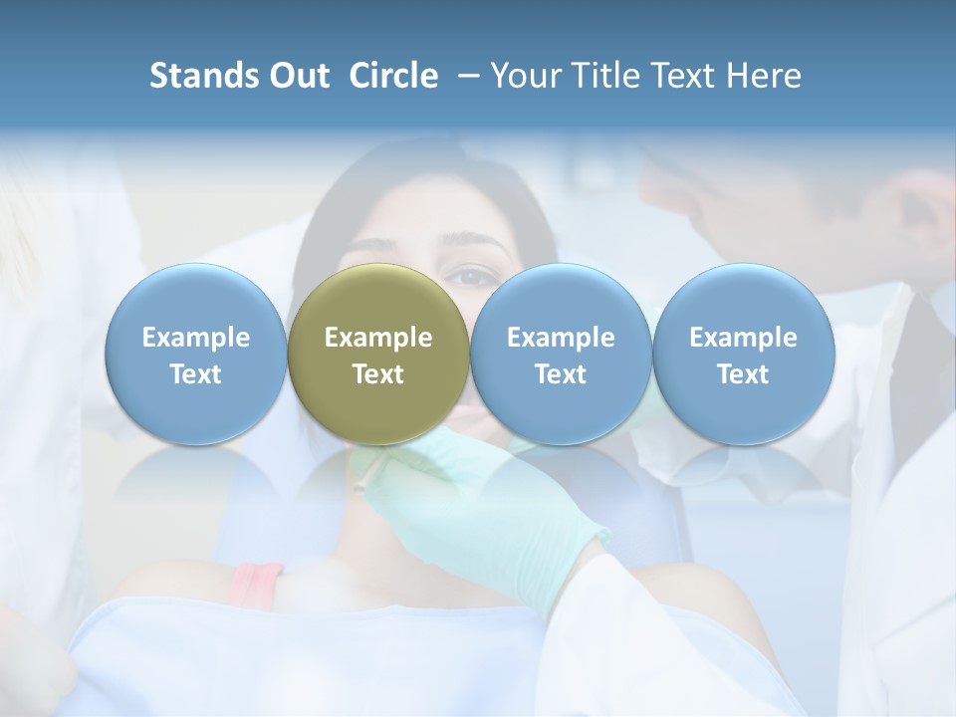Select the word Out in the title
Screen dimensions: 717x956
[297, 76]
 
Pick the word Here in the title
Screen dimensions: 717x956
[764, 76]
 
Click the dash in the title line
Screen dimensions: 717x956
[464, 76]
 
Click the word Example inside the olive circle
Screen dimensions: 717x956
[378, 338]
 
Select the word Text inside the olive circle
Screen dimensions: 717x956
[378, 374]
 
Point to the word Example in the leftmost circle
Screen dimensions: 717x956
[195, 338]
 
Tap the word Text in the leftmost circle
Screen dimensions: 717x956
[195, 374]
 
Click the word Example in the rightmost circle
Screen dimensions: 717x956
[743, 338]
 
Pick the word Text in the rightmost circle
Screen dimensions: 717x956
[743, 374]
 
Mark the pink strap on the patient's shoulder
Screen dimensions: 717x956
[256, 584]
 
